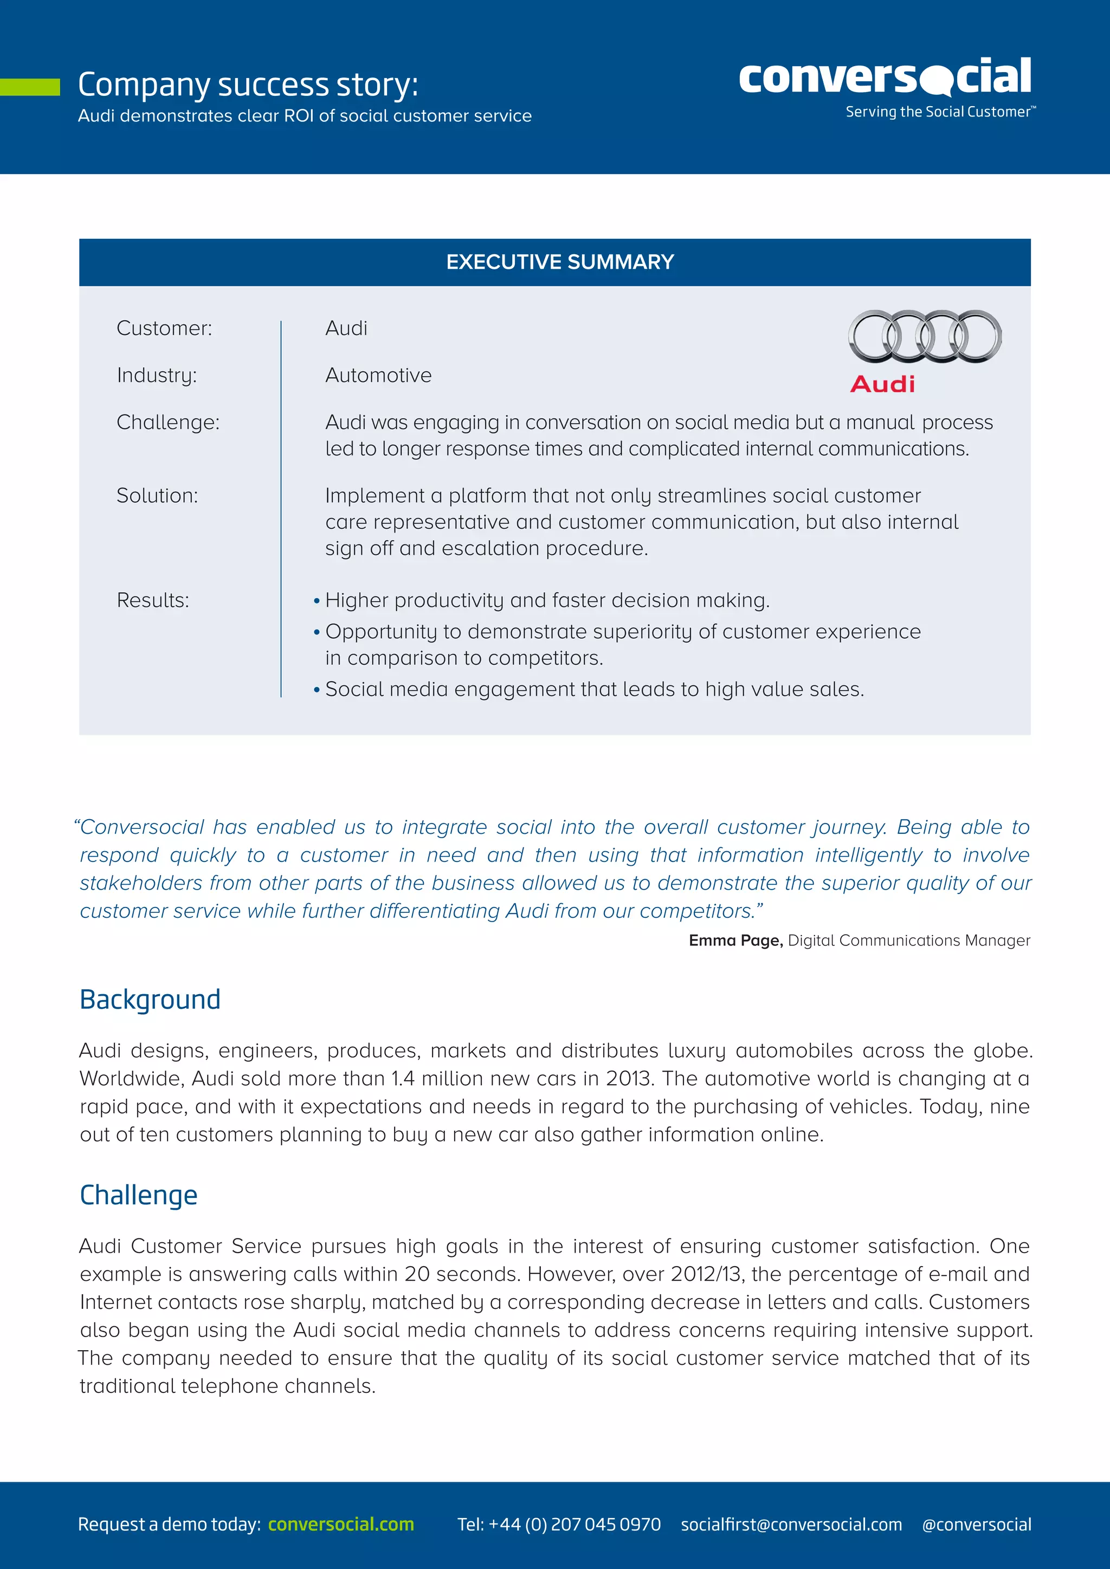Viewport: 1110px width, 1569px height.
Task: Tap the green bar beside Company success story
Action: pyautogui.click(x=29, y=87)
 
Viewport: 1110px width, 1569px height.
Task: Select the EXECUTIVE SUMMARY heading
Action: pyautogui.click(x=560, y=262)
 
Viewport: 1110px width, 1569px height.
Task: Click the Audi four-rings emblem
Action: pyautogui.click(x=924, y=336)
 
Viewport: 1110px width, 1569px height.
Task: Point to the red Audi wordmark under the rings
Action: pyautogui.click(x=882, y=384)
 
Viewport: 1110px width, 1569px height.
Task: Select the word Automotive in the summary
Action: pyautogui.click(x=378, y=375)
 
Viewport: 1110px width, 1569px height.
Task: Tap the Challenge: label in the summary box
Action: pyautogui.click(x=167, y=422)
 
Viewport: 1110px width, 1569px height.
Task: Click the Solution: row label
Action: pyautogui.click(x=157, y=495)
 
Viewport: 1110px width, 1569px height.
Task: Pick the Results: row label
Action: pyautogui.click(x=152, y=600)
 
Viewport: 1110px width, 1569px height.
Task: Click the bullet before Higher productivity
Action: pyautogui.click(x=317, y=601)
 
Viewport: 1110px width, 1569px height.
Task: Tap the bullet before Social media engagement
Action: pyautogui.click(x=317, y=690)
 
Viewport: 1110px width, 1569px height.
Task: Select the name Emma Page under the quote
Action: pyautogui.click(x=734, y=941)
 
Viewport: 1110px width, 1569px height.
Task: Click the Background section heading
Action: pyautogui.click(x=150, y=1000)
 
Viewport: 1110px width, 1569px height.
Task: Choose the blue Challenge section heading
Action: pyautogui.click(x=138, y=1195)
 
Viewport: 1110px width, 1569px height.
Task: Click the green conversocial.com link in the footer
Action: pyautogui.click(x=340, y=1524)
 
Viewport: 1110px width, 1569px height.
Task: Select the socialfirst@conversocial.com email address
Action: pyautogui.click(x=791, y=1524)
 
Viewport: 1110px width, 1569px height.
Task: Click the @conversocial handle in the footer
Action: pyautogui.click(x=976, y=1524)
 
